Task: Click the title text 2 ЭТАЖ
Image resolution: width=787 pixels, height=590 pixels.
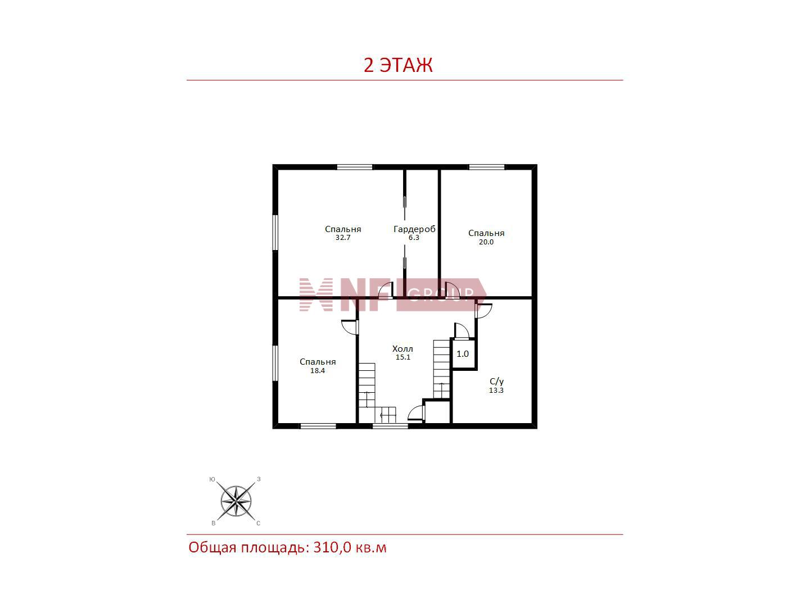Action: tap(398, 66)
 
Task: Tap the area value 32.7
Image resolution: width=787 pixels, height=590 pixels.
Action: tap(343, 238)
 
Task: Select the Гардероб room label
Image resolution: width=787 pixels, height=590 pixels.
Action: tap(414, 229)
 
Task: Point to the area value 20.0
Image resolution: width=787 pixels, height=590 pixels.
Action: tap(486, 242)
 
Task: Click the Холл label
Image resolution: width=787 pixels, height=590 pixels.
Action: tap(402, 348)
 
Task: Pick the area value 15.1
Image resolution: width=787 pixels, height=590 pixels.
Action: tap(402, 357)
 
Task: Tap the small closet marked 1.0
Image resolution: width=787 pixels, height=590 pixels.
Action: tap(463, 354)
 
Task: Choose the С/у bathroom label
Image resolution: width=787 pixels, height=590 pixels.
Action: tap(496, 381)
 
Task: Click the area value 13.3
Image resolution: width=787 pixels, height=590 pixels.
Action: tap(496, 391)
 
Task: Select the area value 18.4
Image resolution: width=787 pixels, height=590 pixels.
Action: tap(317, 371)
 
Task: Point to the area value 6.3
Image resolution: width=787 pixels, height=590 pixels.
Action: tap(414, 238)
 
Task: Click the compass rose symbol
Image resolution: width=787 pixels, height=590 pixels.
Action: tap(236, 501)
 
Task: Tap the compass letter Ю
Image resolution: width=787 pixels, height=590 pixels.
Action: tap(212, 479)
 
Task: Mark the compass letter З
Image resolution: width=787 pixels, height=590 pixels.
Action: tap(259, 479)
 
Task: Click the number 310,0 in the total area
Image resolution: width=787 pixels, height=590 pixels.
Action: tap(332, 547)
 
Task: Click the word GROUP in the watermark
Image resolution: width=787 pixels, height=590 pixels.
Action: tap(441, 294)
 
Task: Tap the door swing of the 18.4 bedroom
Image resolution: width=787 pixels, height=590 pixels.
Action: tap(350, 327)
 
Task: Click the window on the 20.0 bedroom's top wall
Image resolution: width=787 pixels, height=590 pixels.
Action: tap(487, 167)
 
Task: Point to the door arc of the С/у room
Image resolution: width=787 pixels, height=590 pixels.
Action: tap(485, 311)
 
